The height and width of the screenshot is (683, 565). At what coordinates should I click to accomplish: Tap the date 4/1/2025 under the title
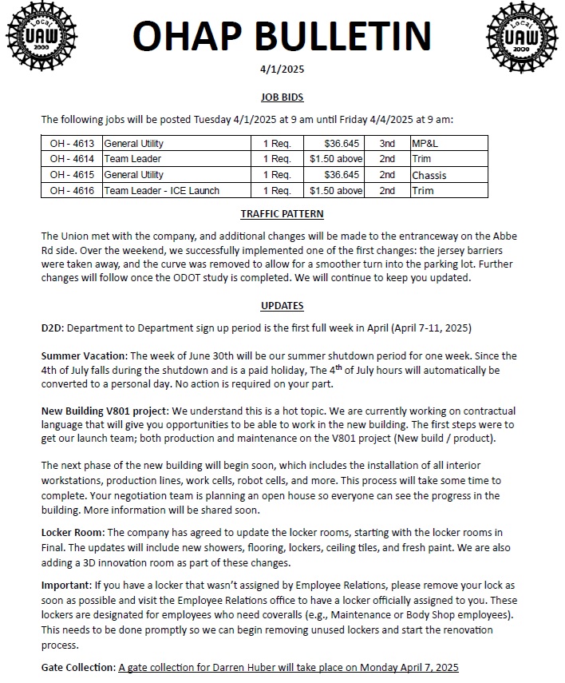click(282, 69)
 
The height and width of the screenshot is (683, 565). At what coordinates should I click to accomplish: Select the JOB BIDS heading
click(282, 97)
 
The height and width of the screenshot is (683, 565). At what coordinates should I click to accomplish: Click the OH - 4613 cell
click(72, 144)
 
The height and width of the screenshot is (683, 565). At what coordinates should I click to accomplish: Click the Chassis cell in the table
click(429, 175)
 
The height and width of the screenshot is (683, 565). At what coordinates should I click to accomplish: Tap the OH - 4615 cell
click(72, 175)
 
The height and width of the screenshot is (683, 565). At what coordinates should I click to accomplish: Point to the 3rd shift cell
click(387, 144)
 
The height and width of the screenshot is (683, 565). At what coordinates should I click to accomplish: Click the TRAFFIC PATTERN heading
click(282, 214)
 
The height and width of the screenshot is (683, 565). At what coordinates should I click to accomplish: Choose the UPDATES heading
click(282, 306)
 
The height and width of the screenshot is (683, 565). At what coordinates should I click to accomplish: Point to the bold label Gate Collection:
click(77, 666)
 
